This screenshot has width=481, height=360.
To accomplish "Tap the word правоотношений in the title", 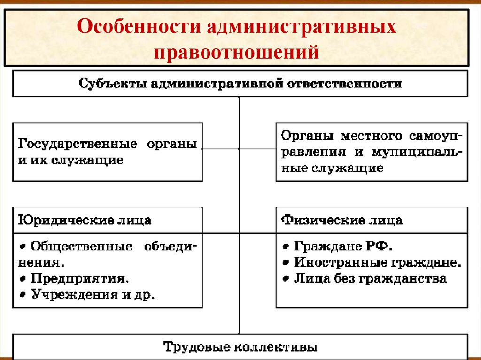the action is tap(240, 51).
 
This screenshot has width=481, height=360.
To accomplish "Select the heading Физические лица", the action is tap(341, 220).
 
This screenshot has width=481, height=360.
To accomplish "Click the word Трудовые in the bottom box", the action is tap(195, 347).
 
